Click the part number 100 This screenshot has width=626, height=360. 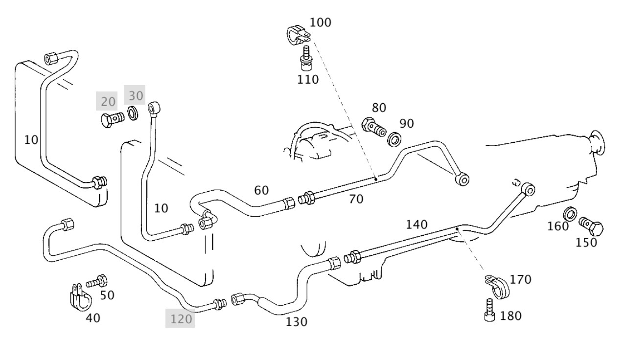pos(320,22)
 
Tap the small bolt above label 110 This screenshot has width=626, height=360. pos(307,59)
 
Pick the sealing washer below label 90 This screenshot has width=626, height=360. pos(394,139)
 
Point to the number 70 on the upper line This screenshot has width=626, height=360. pos(356,199)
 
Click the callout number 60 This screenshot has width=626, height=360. pos(261,190)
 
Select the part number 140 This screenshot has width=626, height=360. pos(417,225)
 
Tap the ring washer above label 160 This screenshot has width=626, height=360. pos(570,213)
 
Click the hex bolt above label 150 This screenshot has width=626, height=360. pos(591,225)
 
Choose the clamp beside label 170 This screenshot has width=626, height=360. pos(497,286)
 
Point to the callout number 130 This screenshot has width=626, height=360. pos(297,322)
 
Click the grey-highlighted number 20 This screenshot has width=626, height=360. pos(109,102)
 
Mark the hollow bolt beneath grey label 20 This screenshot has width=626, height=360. pos(112,119)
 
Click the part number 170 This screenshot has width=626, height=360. pos(520,280)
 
